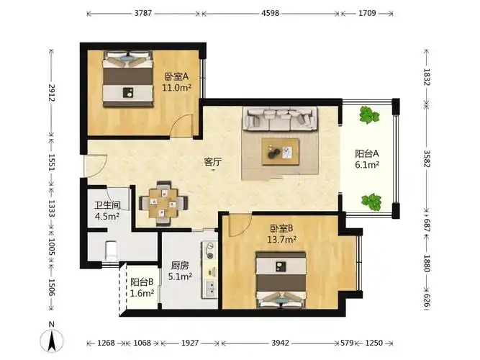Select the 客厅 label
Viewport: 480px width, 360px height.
point(212,162)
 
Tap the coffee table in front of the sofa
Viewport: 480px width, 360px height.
point(281,151)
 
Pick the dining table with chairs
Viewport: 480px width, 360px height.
point(164,203)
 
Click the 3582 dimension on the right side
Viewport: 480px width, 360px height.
point(426,158)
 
